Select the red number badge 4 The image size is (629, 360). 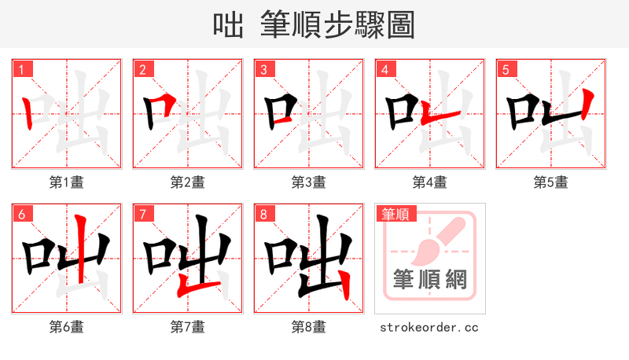pyautogui.click(x=385, y=69)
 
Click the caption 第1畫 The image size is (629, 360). pyautogui.click(x=67, y=182)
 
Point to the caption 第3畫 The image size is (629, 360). pyautogui.click(x=309, y=182)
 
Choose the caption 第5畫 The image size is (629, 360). pyautogui.click(x=551, y=182)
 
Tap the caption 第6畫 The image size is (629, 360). pyautogui.click(x=67, y=327)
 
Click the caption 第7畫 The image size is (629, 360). pyautogui.click(x=188, y=327)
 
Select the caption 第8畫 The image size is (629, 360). pyautogui.click(x=309, y=327)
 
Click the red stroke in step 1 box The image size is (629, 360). pyautogui.click(x=28, y=114)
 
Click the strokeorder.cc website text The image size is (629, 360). pyautogui.click(x=429, y=327)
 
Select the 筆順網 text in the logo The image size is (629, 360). pyautogui.click(x=429, y=278)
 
